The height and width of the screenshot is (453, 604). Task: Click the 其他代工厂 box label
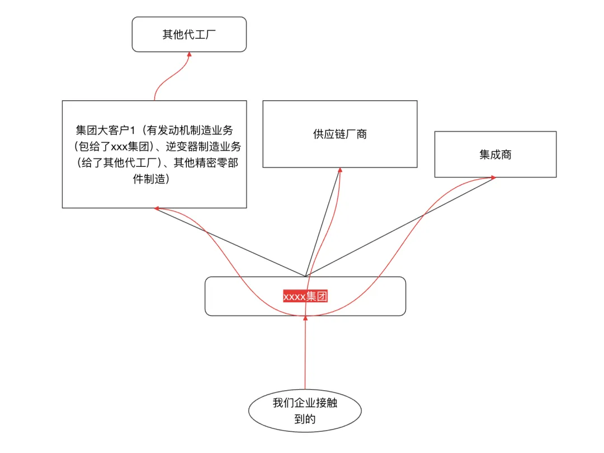pos(189,35)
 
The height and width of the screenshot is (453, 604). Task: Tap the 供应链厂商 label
pos(339,134)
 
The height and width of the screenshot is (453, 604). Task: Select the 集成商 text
pos(495,155)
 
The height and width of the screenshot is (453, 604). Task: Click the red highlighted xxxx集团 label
pos(305,296)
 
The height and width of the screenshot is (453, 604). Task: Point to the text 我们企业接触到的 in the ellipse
pos(305,411)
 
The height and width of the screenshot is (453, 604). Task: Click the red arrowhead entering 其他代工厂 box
pos(189,54)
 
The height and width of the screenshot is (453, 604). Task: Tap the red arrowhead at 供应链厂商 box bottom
pos(340,170)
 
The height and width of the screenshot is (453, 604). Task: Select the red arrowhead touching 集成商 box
pos(493,178)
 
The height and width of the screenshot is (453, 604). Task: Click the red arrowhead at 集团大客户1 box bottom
pos(158,208)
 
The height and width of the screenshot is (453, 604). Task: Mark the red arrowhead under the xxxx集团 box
pos(305,318)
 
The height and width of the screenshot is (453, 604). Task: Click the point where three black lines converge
pos(305,276)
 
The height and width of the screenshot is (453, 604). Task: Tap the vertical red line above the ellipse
pos(305,358)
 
